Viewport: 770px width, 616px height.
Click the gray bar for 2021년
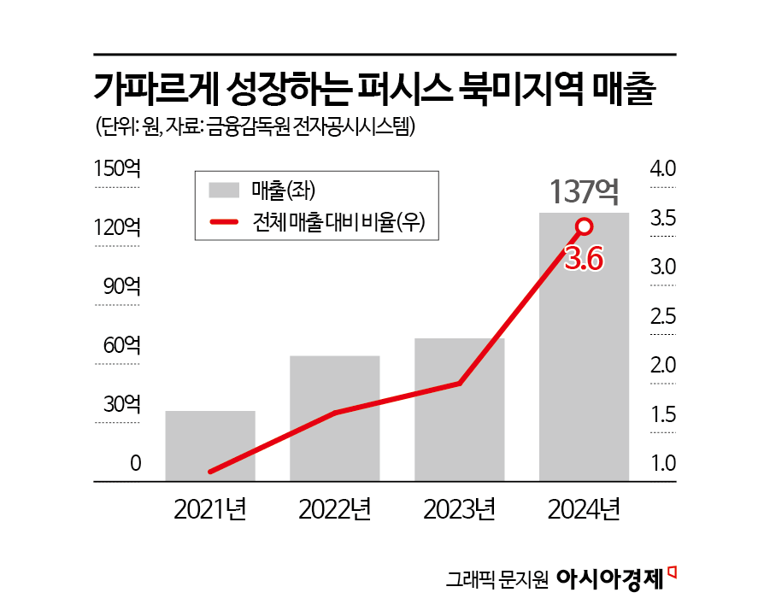[x=210, y=446]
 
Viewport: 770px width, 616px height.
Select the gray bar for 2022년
[x=334, y=419]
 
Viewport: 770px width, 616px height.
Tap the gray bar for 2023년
[x=459, y=410]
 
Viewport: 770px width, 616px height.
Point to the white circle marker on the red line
[x=585, y=226]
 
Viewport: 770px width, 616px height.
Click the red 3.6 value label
[x=585, y=258]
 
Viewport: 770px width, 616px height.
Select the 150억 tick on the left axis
[x=117, y=169]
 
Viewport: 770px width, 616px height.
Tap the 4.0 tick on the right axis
[x=663, y=169]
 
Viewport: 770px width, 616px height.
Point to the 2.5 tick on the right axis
[x=663, y=317]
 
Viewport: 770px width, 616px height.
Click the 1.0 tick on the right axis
[x=663, y=465]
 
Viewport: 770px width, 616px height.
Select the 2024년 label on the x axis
[x=584, y=511]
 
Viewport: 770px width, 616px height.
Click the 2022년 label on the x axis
[x=334, y=511]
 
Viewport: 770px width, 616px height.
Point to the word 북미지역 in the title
[x=520, y=90]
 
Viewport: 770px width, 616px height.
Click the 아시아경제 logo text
[x=609, y=579]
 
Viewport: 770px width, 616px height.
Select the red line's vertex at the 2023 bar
[x=460, y=383]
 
